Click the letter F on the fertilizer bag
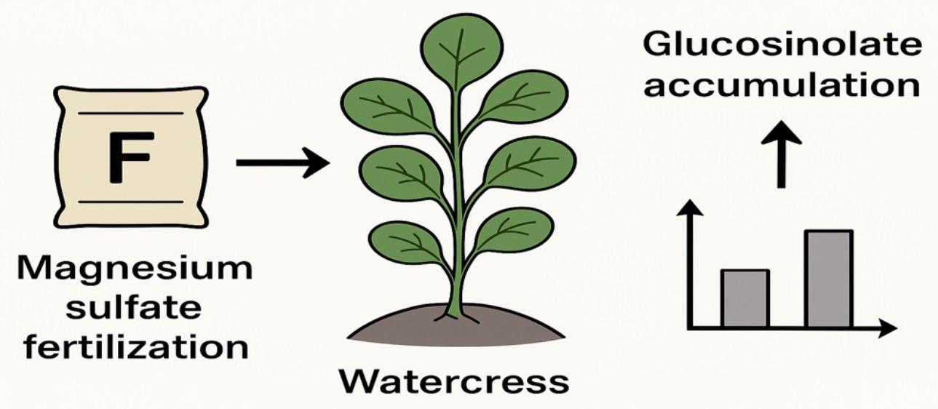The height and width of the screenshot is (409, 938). tap(130, 156)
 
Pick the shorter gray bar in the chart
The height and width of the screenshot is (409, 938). tap(744, 298)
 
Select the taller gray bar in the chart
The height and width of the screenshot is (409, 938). tap(828, 278)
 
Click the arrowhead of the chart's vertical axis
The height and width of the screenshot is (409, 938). tap(691, 210)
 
